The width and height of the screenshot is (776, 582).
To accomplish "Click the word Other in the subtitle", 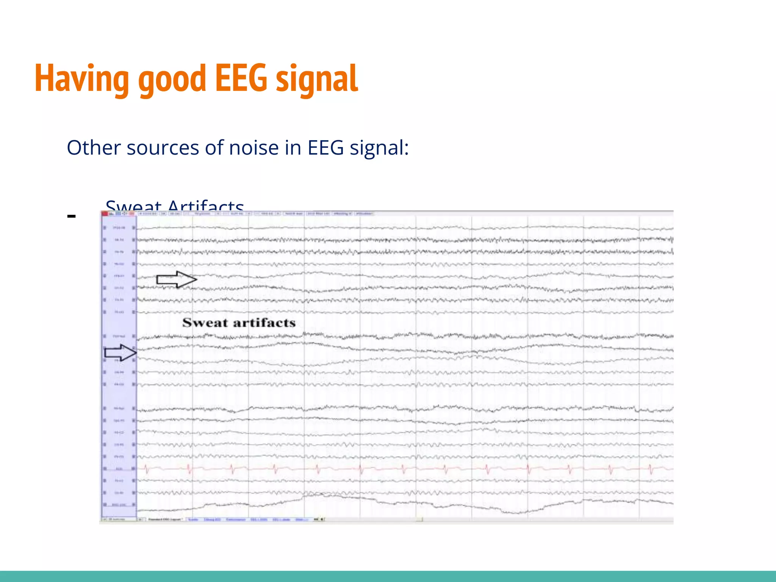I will (x=94, y=148).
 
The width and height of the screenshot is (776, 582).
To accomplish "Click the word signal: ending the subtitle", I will (x=379, y=148).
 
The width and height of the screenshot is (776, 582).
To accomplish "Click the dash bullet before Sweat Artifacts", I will (x=71, y=216).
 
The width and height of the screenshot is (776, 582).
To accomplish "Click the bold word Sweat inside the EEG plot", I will (x=205, y=323).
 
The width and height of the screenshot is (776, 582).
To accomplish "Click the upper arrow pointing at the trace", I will (x=177, y=280).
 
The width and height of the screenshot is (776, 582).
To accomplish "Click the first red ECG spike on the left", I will (x=147, y=469).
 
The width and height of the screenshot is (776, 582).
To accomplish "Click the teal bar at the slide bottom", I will (x=388, y=576).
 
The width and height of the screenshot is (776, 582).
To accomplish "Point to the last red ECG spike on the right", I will (x=651, y=469).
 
